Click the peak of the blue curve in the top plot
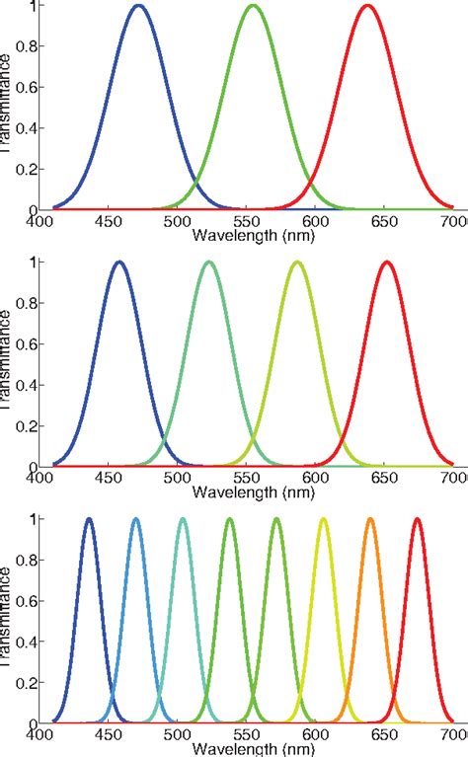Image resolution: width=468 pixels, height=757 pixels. coord(139,6)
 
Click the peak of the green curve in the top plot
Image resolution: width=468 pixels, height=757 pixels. coord(254,6)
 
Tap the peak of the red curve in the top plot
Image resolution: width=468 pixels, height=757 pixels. coord(368,6)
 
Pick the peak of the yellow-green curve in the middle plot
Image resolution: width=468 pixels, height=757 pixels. coord(297,263)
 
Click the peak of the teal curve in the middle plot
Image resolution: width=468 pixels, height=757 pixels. coord(208,263)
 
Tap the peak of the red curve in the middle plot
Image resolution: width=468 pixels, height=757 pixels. coord(386,263)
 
